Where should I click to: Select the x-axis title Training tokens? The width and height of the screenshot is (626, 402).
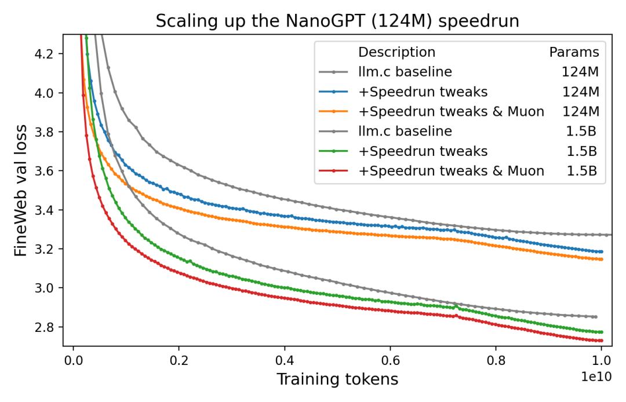point(337,379)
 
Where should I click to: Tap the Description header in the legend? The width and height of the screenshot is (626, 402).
point(396,52)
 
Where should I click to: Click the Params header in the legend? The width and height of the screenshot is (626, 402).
point(574,52)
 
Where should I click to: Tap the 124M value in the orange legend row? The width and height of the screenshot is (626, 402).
point(580,111)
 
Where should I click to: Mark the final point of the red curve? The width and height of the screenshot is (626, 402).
point(602,341)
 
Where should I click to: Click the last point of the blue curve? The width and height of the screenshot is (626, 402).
point(602,251)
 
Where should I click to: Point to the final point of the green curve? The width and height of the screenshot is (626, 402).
point(602,332)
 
